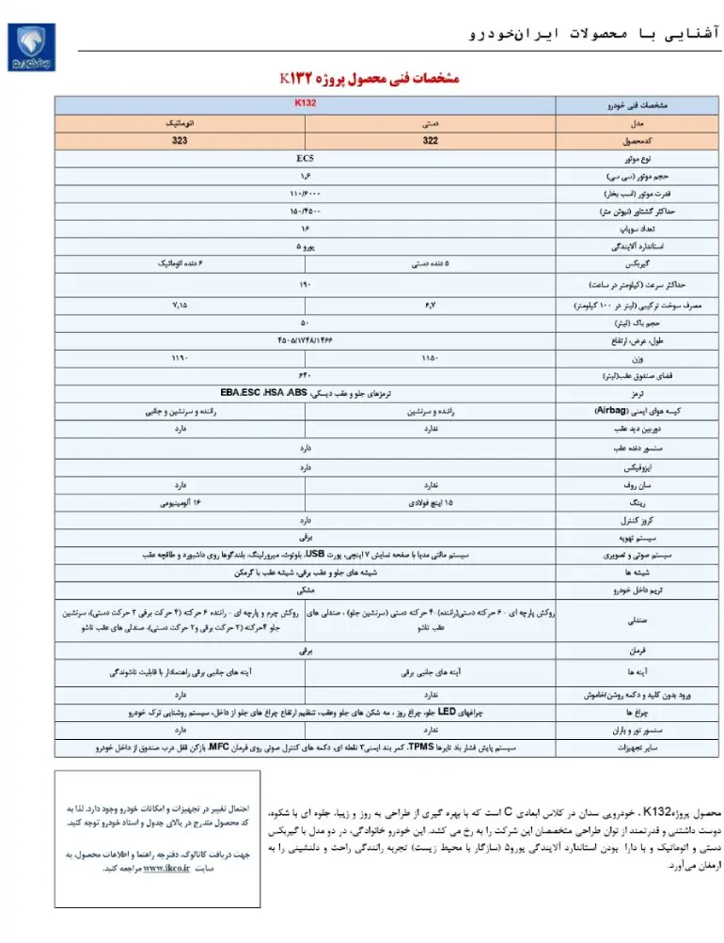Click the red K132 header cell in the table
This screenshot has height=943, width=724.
[305, 103]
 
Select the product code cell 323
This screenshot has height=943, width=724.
[179, 140]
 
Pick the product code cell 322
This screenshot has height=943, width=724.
[430, 140]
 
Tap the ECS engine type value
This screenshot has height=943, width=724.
[305, 159]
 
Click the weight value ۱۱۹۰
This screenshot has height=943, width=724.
[179, 358]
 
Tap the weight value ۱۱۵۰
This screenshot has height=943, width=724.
[430, 358]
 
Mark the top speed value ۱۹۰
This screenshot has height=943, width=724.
[305, 283]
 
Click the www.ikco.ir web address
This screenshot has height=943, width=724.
[167, 870]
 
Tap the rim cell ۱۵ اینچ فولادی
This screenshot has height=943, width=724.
[430, 503]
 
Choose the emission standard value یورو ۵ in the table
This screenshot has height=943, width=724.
[305, 246]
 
